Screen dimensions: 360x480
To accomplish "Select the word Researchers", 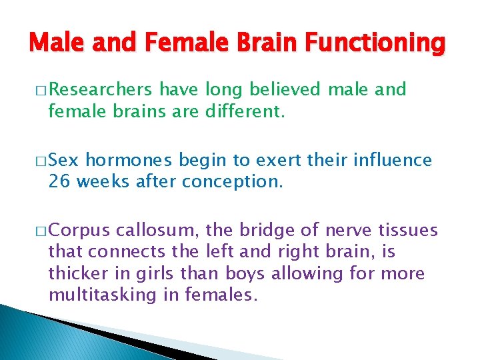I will tap(101, 90).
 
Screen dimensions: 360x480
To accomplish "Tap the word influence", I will tap(390, 161).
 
